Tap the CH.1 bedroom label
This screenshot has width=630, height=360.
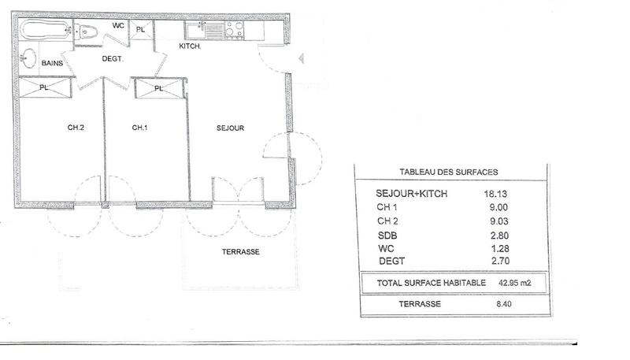click(140, 128)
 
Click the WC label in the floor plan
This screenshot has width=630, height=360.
click(118, 26)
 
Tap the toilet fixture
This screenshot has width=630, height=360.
click(87, 32)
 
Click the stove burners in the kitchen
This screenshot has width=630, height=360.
click(233, 30)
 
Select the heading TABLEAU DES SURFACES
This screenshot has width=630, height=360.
click(449, 172)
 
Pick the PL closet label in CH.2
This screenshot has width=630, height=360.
click(43, 88)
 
